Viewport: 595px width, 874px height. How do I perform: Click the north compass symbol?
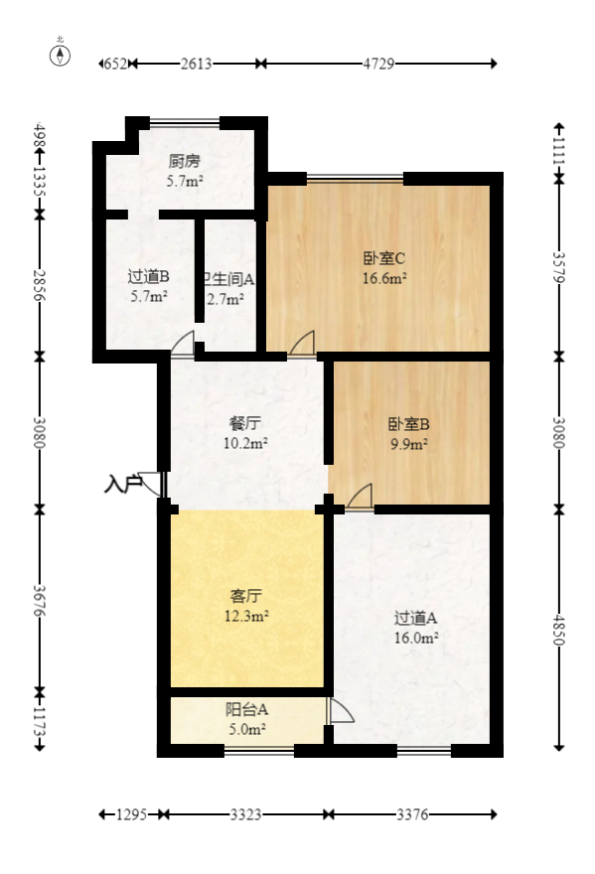click(62, 55)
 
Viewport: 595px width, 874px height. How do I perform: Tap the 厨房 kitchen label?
click(184, 161)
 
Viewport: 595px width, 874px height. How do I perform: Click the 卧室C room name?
click(383, 259)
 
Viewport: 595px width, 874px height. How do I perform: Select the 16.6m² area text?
click(383, 279)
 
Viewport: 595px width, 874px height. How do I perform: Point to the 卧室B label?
click(408, 424)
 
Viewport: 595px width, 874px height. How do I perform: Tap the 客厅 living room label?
click(245, 596)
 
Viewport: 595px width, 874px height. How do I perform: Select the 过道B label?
click(148, 276)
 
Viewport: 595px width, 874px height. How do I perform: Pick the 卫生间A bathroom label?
click(227, 279)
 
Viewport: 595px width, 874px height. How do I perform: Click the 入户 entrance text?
click(123, 486)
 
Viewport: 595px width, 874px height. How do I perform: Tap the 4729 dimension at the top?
click(378, 64)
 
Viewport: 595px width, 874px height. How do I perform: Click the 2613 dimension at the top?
click(196, 64)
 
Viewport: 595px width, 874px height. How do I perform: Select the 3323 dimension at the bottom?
click(245, 815)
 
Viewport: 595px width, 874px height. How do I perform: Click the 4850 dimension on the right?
click(558, 628)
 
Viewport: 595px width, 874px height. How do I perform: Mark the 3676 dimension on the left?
click(41, 600)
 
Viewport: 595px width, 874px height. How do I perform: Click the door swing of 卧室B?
click(361, 496)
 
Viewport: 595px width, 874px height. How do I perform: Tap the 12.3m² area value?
click(245, 616)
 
